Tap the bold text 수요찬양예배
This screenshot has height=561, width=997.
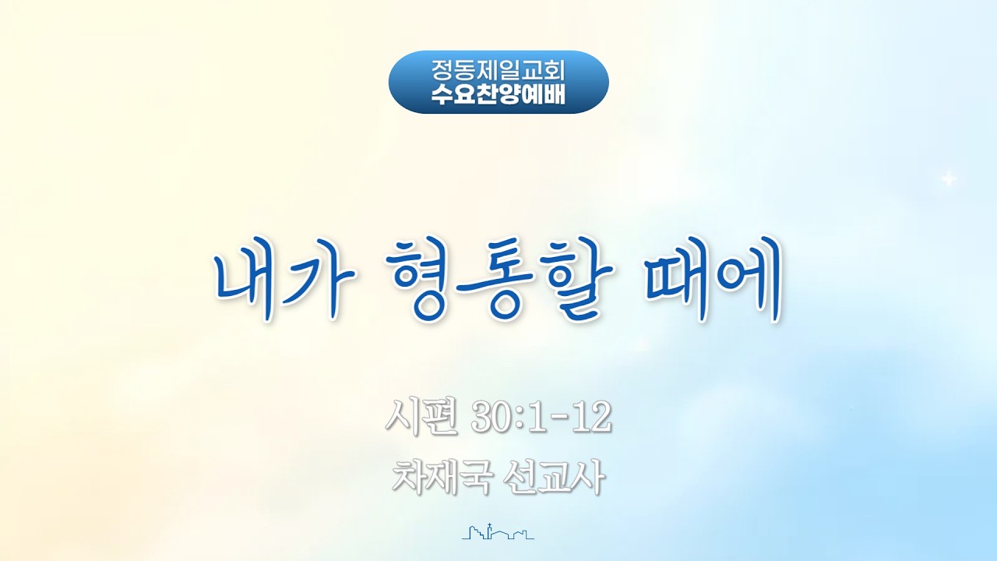point(498,95)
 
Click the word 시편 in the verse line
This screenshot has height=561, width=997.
point(422,417)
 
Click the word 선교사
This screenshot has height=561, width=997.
point(553,477)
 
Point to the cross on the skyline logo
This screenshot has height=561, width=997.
point(490,527)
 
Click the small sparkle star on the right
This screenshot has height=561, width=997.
point(949,178)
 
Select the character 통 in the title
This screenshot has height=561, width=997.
point(496,283)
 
